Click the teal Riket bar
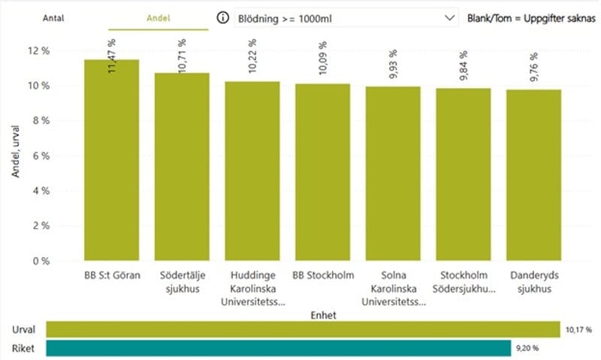(277, 348)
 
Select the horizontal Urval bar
(303, 329)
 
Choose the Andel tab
(159, 17)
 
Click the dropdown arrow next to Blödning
(450, 17)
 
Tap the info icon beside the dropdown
(222, 17)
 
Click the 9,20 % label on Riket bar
(525, 348)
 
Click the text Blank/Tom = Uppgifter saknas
(531, 17)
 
